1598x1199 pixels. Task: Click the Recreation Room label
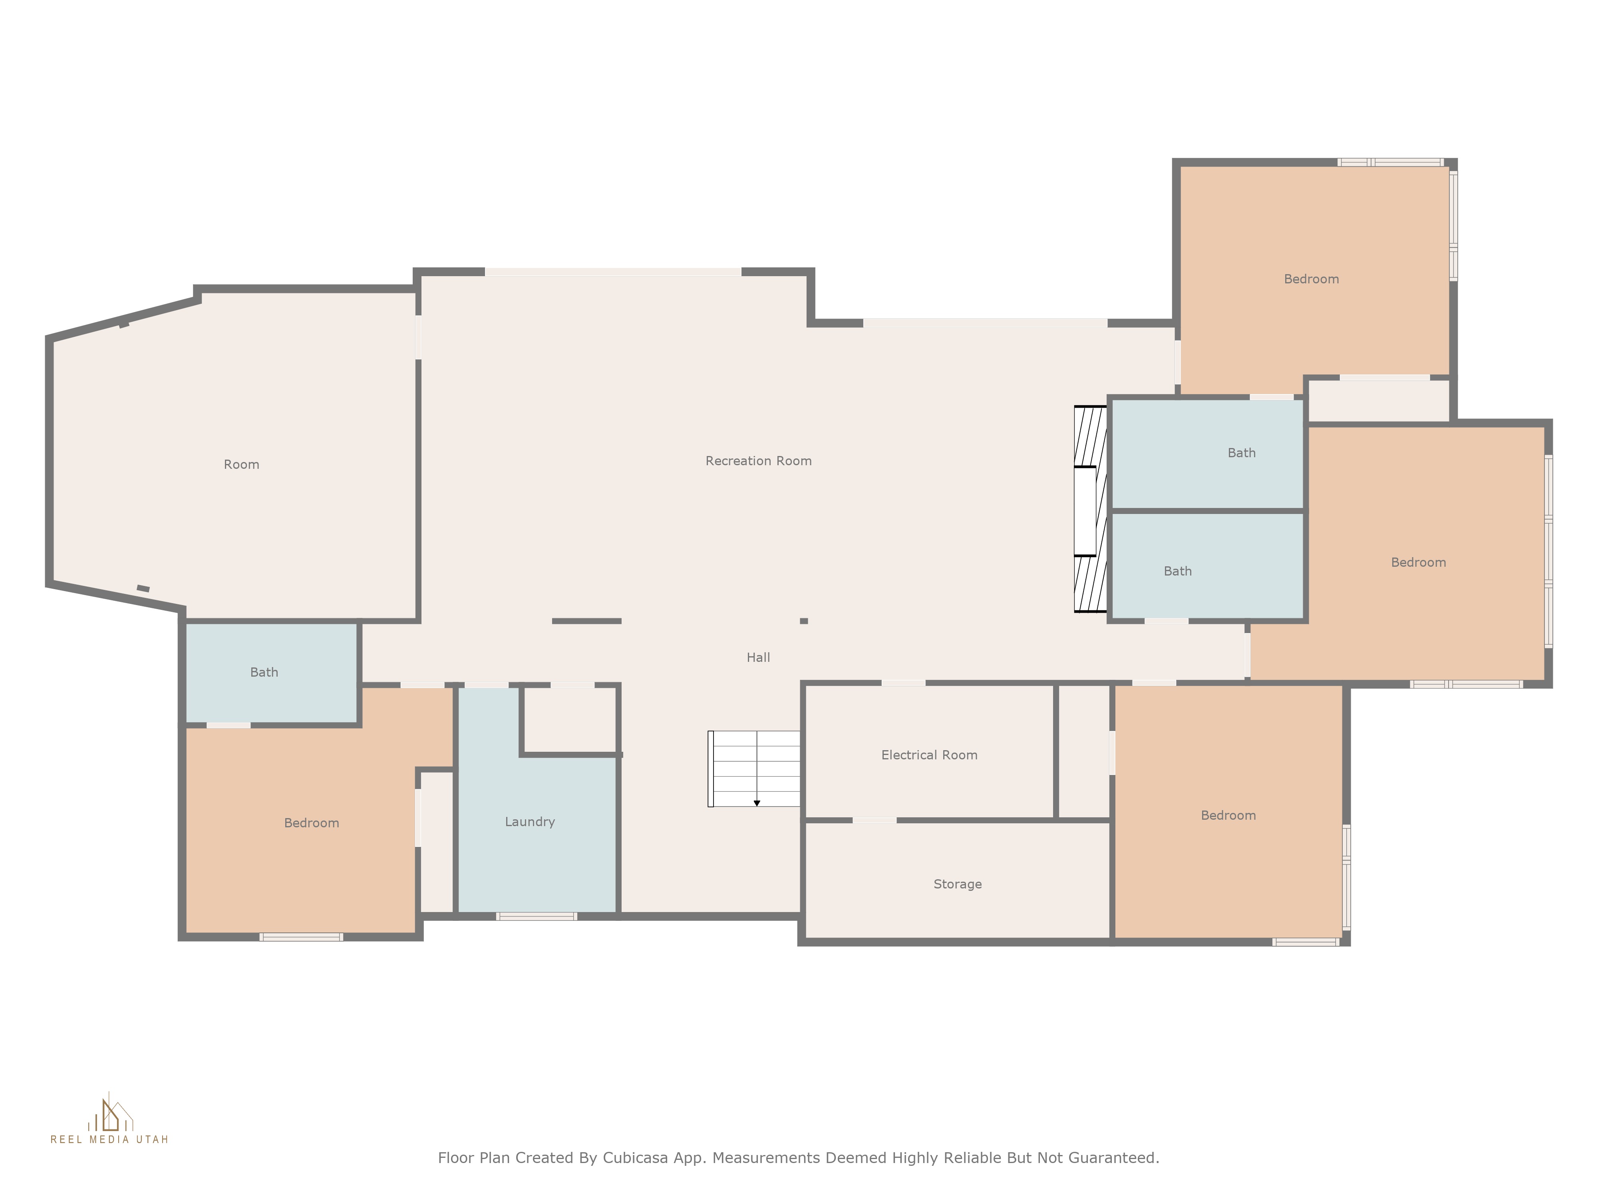click(759, 461)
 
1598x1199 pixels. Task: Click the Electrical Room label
click(929, 755)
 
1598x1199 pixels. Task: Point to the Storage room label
click(957, 884)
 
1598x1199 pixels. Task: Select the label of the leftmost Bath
click(264, 672)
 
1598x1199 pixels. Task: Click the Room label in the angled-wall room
click(241, 465)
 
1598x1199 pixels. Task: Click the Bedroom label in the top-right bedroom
click(1311, 279)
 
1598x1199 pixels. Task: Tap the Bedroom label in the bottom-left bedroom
click(311, 823)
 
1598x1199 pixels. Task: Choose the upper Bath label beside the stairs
click(1241, 453)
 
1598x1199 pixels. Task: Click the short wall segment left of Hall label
click(586, 621)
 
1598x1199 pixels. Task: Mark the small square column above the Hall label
click(803, 621)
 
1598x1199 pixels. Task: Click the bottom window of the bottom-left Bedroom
click(301, 937)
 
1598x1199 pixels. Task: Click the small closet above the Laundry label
click(569, 719)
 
